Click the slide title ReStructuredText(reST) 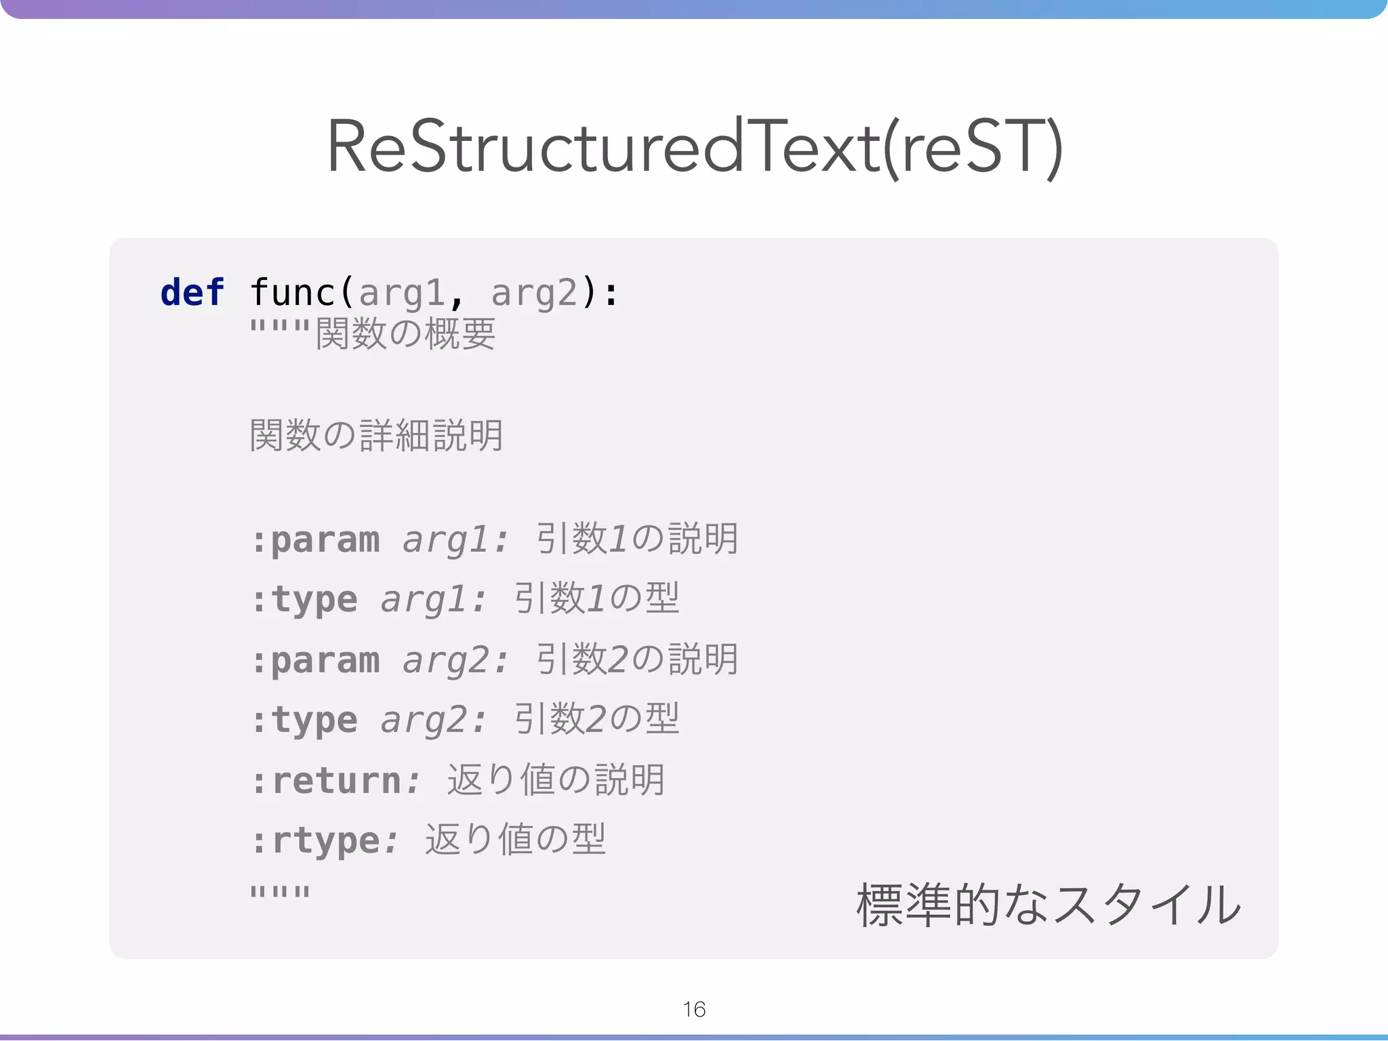click(x=694, y=147)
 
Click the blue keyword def click(x=192, y=293)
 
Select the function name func click(x=292, y=293)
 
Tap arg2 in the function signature click(x=533, y=293)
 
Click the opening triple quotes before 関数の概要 click(x=279, y=329)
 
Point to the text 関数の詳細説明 click(x=376, y=435)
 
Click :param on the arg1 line click(x=315, y=540)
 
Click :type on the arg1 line click(x=304, y=600)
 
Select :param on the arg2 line click(x=315, y=660)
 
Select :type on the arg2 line click(x=304, y=720)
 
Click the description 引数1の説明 click(x=636, y=539)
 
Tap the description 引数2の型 click(x=596, y=719)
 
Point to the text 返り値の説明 click(x=556, y=779)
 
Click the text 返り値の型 click(x=515, y=839)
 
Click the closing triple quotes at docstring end click(x=279, y=893)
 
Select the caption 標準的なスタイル click(x=1048, y=905)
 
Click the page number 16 click(x=694, y=1009)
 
